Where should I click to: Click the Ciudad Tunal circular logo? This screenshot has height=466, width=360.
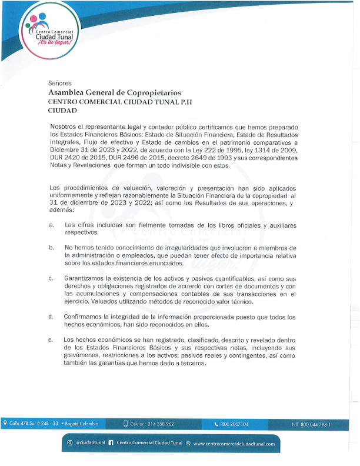(x=50, y=29)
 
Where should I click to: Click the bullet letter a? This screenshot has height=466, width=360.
(x=52, y=225)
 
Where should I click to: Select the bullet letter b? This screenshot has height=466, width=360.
(x=52, y=248)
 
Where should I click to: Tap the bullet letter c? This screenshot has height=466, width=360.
(x=52, y=278)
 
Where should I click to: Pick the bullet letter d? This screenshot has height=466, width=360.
(x=52, y=317)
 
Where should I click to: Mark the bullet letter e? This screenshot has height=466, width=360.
(x=52, y=340)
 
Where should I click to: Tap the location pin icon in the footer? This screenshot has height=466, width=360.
(x=5, y=423)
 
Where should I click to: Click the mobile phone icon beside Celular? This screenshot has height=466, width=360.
(x=125, y=424)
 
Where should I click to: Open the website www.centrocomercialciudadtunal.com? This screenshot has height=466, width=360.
(x=234, y=444)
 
